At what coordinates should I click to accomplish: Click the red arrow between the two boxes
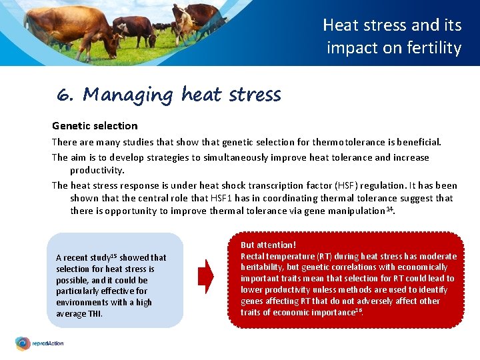(x=207, y=276)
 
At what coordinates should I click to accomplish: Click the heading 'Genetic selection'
(x=95, y=125)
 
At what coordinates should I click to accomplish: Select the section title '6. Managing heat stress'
(x=169, y=95)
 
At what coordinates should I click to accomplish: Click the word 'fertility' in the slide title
(x=433, y=48)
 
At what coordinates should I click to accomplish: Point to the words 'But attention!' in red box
(x=268, y=245)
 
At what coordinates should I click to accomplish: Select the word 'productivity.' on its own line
(x=97, y=170)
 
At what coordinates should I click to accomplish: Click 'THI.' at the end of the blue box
(x=94, y=314)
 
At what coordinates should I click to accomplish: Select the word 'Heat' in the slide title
(x=340, y=25)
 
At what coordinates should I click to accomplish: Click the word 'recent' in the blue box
(x=75, y=258)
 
